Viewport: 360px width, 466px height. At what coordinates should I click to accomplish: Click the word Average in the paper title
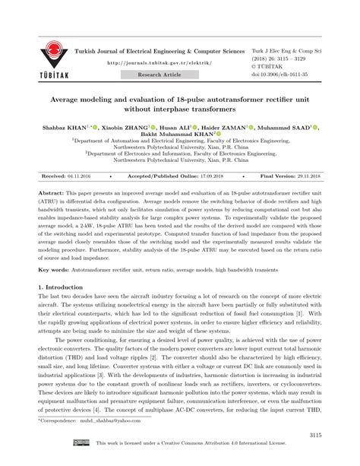(x=70, y=100)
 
